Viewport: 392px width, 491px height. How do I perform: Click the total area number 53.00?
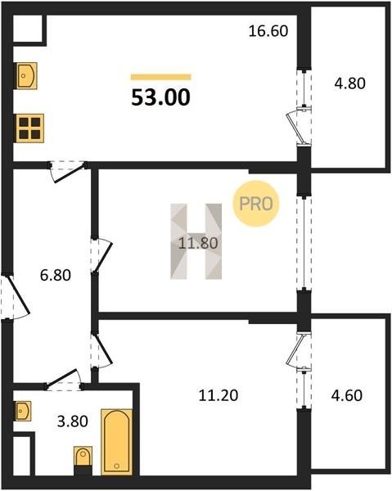click(x=160, y=97)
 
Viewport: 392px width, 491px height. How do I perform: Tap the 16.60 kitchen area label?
click(x=268, y=31)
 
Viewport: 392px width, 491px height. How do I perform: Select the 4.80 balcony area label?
click(x=349, y=83)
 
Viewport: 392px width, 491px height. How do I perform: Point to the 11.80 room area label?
click(x=198, y=243)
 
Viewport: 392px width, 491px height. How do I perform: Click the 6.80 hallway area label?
click(x=56, y=275)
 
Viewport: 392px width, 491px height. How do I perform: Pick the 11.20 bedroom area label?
click(x=219, y=395)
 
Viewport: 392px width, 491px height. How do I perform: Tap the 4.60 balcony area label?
click(x=347, y=395)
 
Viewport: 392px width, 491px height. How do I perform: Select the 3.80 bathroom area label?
click(x=72, y=421)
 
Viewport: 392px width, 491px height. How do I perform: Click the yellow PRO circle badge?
click(x=255, y=204)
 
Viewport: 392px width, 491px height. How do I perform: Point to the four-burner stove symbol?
click(x=30, y=128)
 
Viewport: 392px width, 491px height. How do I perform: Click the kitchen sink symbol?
click(x=27, y=76)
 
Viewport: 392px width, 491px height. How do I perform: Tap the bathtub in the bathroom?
click(x=116, y=442)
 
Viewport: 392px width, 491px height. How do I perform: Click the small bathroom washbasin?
click(x=24, y=411)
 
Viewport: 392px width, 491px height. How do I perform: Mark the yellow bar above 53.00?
click(x=161, y=77)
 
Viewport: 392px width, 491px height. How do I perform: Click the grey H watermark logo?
click(x=196, y=241)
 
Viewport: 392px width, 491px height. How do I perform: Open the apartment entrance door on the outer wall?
click(x=15, y=297)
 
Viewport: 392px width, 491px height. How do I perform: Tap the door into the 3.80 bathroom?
click(x=64, y=380)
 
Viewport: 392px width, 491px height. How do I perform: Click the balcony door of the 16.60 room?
click(x=299, y=126)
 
